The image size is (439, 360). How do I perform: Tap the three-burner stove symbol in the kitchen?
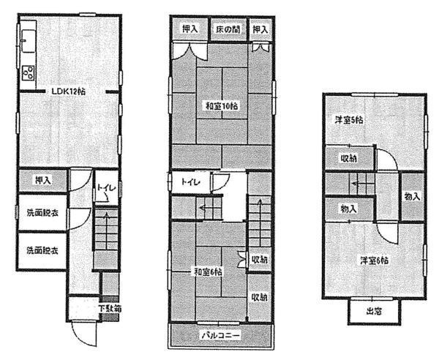coord(29,72)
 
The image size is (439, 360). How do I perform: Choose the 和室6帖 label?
coord(208,272)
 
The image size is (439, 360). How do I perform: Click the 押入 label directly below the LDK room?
coord(42,179)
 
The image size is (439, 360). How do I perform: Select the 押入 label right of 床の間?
coord(260,30)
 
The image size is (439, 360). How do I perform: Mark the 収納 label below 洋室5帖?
coord(348,159)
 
